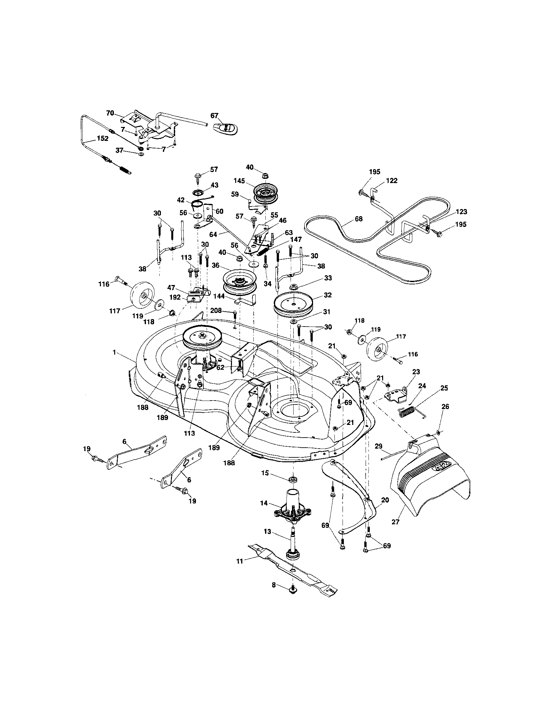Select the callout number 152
[x=103, y=139]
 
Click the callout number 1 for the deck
[x=114, y=353]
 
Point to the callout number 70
[x=110, y=113]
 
